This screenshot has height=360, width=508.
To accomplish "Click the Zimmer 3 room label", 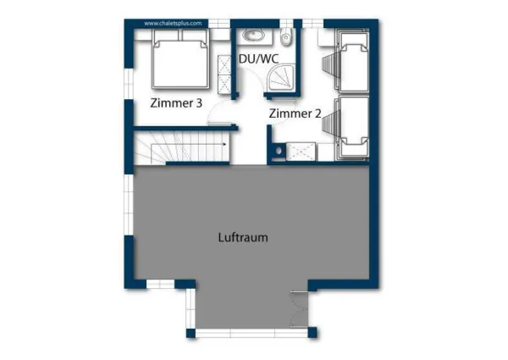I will click(x=175, y=104).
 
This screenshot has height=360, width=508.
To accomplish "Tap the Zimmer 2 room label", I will click(x=295, y=114).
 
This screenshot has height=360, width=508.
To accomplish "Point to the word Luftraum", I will click(x=244, y=237).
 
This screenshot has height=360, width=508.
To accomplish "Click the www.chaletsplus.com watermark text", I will click(x=173, y=25).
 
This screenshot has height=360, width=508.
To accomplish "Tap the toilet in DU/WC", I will click(x=288, y=36).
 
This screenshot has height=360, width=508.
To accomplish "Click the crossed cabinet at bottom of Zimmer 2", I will click(x=301, y=151).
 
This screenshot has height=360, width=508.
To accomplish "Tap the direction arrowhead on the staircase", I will click(x=224, y=145).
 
